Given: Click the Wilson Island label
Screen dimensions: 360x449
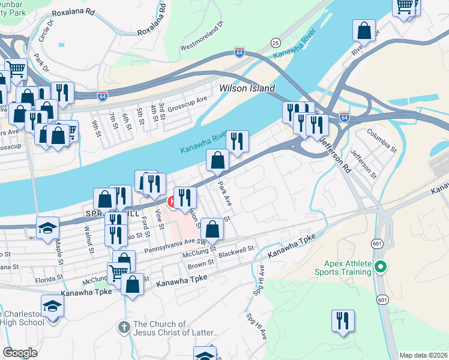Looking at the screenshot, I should pos(247,88).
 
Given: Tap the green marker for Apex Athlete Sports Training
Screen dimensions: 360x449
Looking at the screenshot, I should pos(379,266).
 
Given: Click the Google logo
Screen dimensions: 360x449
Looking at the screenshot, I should pos(20,353).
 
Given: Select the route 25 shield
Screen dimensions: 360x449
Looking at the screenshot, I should pos(276,43).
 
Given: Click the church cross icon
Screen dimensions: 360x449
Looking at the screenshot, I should pos(124,328).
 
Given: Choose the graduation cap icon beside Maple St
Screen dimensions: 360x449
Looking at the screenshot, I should pos(47,229).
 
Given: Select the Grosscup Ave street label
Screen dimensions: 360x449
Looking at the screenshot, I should pos(187,103).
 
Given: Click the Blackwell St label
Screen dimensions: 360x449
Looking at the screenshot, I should pos(237,251).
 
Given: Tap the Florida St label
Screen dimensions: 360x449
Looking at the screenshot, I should pos(49,278).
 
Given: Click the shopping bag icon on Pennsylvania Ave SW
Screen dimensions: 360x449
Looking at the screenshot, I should pos(212,229).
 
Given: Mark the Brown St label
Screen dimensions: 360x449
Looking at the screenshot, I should pos(201,264).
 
